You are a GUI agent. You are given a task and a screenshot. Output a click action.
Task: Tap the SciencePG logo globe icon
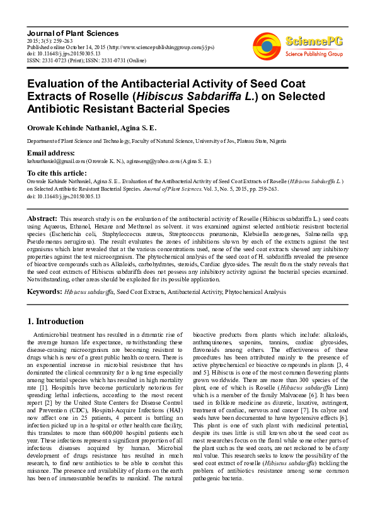[267, 45]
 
